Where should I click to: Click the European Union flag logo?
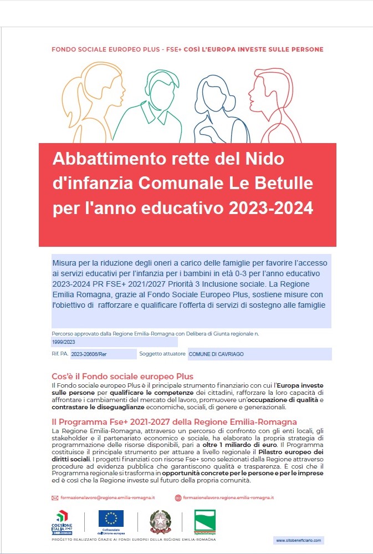click(x=111, y=519)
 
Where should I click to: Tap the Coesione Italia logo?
click(x=62, y=522)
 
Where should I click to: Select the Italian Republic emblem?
click(x=160, y=521)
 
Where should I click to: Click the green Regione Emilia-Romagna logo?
click(x=205, y=521)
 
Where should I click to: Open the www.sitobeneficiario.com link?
click(x=298, y=540)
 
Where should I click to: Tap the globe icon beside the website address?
click(x=178, y=498)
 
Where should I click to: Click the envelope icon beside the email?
click(x=55, y=498)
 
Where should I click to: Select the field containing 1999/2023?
click(x=114, y=343)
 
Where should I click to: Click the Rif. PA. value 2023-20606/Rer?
click(x=103, y=354)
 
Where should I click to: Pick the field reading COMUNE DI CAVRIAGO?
click(x=259, y=354)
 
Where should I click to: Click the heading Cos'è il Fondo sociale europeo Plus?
click(x=122, y=377)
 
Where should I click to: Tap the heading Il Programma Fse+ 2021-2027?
click(x=174, y=422)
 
